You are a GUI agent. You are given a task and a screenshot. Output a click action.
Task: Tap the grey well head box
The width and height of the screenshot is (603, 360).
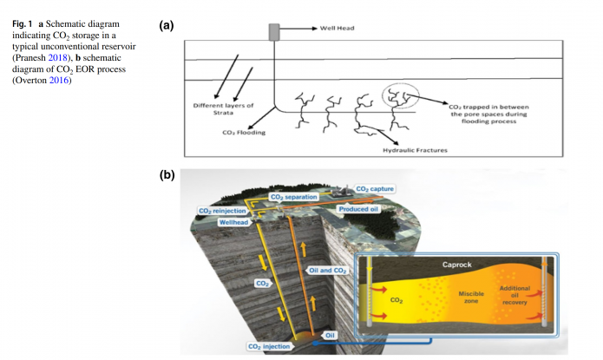click(273, 31)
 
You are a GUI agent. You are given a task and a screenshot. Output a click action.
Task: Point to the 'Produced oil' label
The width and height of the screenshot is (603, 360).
click(360, 208)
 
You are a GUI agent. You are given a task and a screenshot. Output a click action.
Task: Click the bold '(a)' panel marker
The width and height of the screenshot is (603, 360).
click(167, 26)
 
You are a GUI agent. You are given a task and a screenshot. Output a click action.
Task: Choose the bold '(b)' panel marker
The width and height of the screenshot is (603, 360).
click(167, 175)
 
